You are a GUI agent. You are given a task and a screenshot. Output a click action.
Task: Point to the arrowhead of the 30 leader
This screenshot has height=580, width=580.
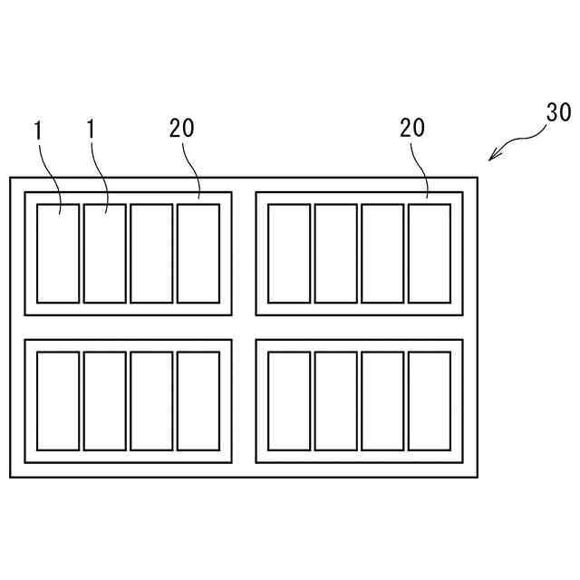pyautogui.click(x=491, y=159)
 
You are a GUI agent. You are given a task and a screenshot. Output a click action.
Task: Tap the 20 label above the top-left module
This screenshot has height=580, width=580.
pyautogui.click(x=181, y=129)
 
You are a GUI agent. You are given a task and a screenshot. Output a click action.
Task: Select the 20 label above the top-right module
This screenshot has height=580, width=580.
pyautogui.click(x=412, y=129)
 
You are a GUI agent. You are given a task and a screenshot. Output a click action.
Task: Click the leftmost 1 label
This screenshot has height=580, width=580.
pyautogui.click(x=38, y=130)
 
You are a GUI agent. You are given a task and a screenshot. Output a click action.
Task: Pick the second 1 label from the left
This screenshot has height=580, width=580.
pyautogui.click(x=91, y=130)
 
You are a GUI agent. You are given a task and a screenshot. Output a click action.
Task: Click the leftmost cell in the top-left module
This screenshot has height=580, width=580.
pyautogui.click(x=58, y=254)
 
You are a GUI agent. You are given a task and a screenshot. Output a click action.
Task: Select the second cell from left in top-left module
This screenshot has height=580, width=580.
pyautogui.click(x=104, y=254)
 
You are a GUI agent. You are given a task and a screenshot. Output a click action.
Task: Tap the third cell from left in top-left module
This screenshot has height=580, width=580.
pyautogui.click(x=151, y=254)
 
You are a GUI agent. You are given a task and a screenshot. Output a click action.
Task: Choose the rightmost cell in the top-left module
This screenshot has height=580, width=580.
pyautogui.click(x=198, y=254)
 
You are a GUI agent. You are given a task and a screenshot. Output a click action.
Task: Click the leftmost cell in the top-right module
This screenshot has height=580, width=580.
pyautogui.click(x=289, y=254)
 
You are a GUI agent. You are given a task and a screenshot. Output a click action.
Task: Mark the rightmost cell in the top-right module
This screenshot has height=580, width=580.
pyautogui.click(x=430, y=254)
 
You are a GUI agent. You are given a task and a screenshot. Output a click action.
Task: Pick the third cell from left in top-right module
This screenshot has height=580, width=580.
pyautogui.click(x=382, y=254)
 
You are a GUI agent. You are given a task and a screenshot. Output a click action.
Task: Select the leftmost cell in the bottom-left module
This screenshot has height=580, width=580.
pyautogui.click(x=58, y=401)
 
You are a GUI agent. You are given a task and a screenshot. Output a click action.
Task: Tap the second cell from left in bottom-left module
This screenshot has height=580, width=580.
pyautogui.click(x=104, y=401)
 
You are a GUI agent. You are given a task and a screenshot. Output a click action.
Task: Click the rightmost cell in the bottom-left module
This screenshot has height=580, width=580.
pyautogui.click(x=198, y=401)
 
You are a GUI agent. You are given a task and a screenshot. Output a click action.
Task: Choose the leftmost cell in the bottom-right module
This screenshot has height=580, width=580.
pyautogui.click(x=289, y=401)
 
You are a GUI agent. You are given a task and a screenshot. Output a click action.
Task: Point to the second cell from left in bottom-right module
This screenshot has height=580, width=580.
pyautogui.click(x=335, y=401)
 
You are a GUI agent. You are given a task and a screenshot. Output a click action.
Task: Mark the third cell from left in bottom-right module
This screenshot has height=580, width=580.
pyautogui.click(x=382, y=401)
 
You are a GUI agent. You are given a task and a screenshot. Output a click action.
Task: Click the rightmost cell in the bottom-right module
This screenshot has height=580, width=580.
pyautogui.click(x=430, y=401)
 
